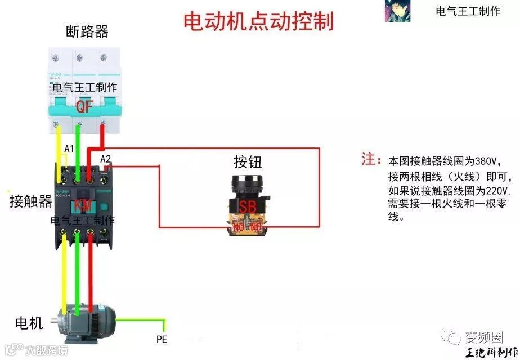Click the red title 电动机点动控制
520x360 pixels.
tap(259, 21)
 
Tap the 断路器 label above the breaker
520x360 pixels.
tap(87, 31)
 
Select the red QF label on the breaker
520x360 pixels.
tap(84, 106)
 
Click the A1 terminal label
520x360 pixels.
tap(69, 148)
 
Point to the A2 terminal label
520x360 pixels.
tap(105, 159)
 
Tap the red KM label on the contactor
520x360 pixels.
tap(83, 206)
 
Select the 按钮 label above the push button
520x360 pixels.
tap(248, 163)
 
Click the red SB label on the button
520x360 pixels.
tap(247, 206)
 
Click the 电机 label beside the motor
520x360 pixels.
tap(29, 323)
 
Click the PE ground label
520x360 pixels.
tap(162, 339)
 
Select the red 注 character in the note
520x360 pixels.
tap(368, 159)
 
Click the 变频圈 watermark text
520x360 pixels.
tap(483, 337)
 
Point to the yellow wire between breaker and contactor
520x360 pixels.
tap(60, 146)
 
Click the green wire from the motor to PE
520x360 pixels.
tap(141, 320)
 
